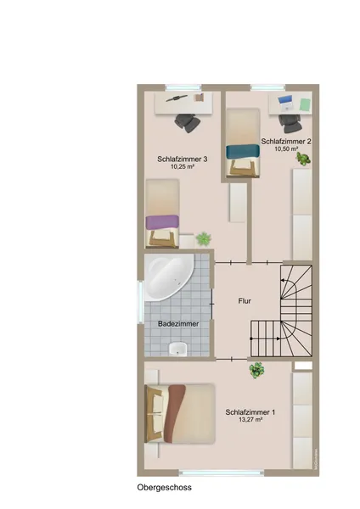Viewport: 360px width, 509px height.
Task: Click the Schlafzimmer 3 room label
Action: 183,159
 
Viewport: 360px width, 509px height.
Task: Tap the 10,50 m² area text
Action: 287,148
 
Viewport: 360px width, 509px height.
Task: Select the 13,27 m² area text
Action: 250,419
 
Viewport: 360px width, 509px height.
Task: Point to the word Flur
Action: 245,301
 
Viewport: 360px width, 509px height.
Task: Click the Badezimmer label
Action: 178,324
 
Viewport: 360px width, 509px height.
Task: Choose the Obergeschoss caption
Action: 165,487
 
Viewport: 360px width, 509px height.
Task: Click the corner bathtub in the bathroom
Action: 168,277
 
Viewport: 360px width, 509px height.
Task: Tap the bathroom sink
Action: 177,349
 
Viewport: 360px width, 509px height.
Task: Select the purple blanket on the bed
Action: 162,222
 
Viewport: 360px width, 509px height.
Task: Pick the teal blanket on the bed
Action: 244,152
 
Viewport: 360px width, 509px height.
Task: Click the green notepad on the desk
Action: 305,104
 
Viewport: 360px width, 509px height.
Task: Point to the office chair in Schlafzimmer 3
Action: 188,123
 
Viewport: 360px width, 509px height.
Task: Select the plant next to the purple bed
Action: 204,239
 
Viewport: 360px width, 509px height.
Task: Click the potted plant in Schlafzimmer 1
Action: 256,371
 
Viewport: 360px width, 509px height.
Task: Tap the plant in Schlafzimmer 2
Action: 303,159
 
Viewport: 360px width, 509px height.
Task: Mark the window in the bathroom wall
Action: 141,302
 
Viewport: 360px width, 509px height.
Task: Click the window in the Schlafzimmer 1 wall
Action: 222,473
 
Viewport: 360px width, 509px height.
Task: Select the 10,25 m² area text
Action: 183,167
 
